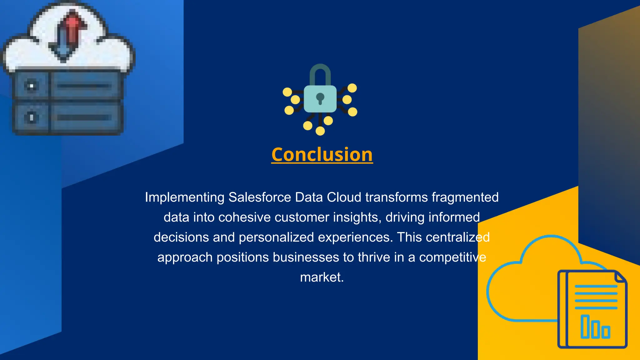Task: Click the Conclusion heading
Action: tap(322, 154)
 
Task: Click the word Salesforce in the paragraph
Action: tap(260, 197)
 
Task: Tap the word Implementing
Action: tap(184, 197)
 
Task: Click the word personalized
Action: tap(276, 237)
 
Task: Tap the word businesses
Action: tap(306, 257)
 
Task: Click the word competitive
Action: tap(452, 257)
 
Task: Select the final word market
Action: tap(322, 277)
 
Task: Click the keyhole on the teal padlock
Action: tap(320, 98)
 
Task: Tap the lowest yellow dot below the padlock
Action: tap(320, 131)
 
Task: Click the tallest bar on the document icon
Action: tap(585, 327)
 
